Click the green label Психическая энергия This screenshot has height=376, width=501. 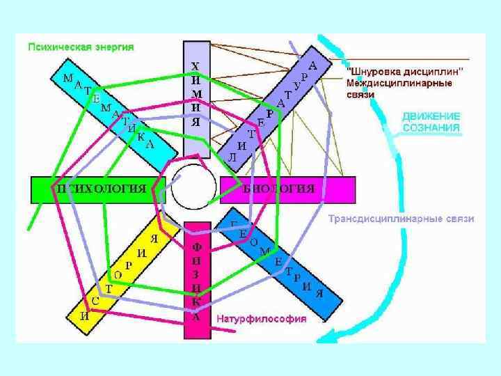(x=81, y=47)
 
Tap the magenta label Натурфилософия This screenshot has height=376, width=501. (x=262, y=320)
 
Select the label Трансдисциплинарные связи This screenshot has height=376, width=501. (x=401, y=219)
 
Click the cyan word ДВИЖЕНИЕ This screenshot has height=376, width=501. (x=431, y=117)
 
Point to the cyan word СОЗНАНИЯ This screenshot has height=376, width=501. (x=431, y=128)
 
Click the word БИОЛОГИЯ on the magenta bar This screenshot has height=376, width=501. (x=278, y=189)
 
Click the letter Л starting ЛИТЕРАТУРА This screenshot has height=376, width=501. (x=232, y=157)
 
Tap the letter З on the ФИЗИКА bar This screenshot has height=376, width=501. (x=197, y=274)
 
